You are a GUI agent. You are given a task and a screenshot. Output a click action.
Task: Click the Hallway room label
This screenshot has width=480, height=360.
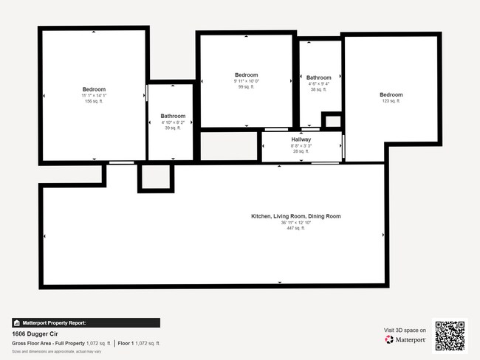click(301, 139)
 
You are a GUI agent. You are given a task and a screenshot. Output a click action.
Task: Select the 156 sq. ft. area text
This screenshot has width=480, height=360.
click(94, 101)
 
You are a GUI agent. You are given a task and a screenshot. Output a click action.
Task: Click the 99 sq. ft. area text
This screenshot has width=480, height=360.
click(246, 87)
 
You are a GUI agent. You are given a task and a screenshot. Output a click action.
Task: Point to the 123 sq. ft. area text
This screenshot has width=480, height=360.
click(391, 101)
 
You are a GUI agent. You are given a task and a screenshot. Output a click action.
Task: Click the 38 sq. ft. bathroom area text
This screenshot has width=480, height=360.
click(318, 89)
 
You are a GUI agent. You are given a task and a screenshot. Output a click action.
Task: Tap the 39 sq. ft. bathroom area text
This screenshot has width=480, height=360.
click(173, 128)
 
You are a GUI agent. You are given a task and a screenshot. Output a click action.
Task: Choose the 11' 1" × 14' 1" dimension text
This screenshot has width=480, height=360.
click(94, 95)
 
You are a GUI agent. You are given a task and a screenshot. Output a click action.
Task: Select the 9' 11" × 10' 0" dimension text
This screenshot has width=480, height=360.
click(246, 81)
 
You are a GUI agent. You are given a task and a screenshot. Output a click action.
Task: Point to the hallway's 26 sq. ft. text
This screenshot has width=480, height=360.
click(301, 151)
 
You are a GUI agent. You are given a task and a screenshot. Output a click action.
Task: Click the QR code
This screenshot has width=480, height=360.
click(450, 335)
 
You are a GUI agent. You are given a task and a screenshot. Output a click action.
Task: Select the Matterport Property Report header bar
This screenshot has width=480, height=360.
click(86, 322)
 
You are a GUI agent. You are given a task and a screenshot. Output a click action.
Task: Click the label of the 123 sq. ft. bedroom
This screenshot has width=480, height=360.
click(391, 94)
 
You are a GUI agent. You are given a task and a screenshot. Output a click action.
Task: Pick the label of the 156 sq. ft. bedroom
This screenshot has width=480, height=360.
click(94, 89)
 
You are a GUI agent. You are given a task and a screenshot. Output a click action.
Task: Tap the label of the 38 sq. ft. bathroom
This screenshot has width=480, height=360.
click(318, 77)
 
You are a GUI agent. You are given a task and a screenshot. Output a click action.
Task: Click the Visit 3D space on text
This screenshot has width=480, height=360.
click(405, 330)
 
